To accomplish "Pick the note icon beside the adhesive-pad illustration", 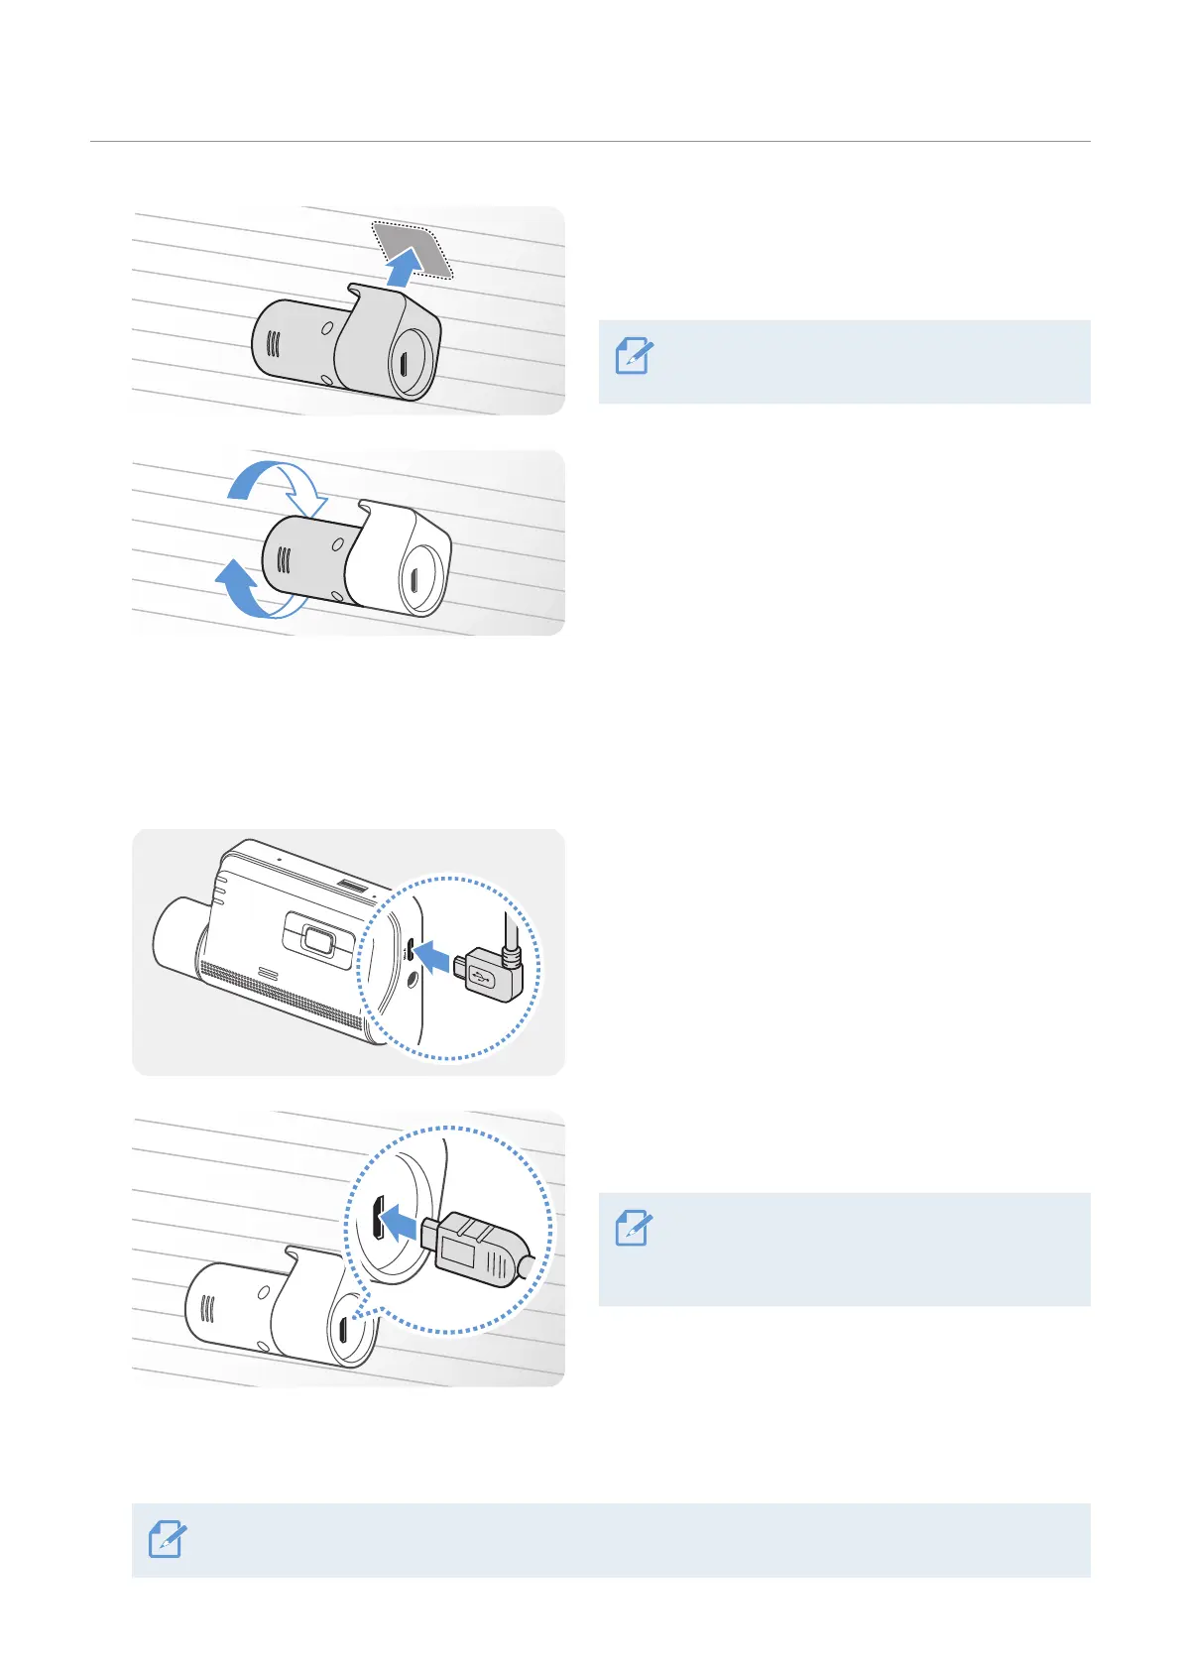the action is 634,356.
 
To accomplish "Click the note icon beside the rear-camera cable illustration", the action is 634,1228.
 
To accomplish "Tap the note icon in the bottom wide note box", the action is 167,1539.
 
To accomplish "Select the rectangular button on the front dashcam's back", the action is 317,939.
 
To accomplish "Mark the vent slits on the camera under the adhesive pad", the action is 274,344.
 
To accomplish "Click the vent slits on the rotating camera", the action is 285,560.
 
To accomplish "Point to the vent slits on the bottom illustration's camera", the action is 208,1308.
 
